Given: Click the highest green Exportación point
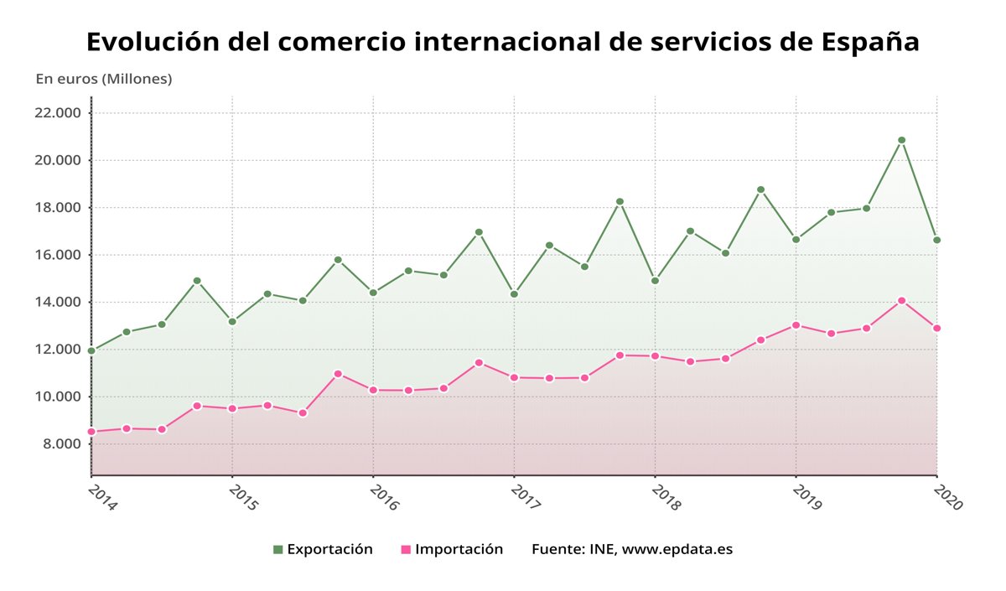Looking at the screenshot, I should (901, 140).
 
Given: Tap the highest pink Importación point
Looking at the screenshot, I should (901, 300).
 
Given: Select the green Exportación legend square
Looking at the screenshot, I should (278, 550).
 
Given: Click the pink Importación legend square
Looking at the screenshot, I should (406, 550).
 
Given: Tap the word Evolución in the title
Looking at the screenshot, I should (152, 42).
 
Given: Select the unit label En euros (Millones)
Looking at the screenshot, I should (104, 79).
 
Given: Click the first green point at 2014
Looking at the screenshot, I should (91, 351).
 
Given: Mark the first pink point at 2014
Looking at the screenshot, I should (91, 432).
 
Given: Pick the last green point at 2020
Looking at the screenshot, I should (936, 240).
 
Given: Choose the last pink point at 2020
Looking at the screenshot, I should (936, 328).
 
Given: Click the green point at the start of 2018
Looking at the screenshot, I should (655, 281).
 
